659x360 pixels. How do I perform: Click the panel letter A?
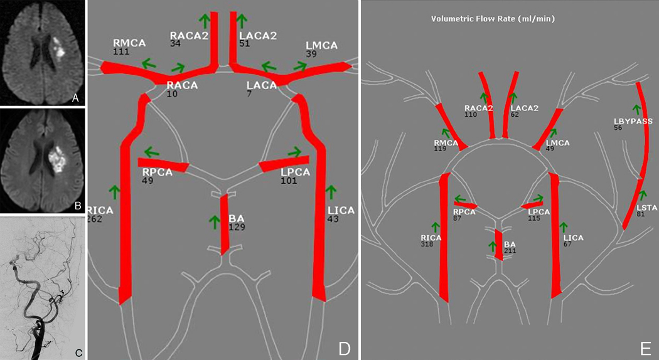(x=75, y=97)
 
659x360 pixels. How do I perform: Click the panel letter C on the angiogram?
(x=78, y=352)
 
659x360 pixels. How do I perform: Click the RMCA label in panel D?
(x=130, y=43)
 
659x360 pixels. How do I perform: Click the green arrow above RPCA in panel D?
(x=151, y=151)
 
